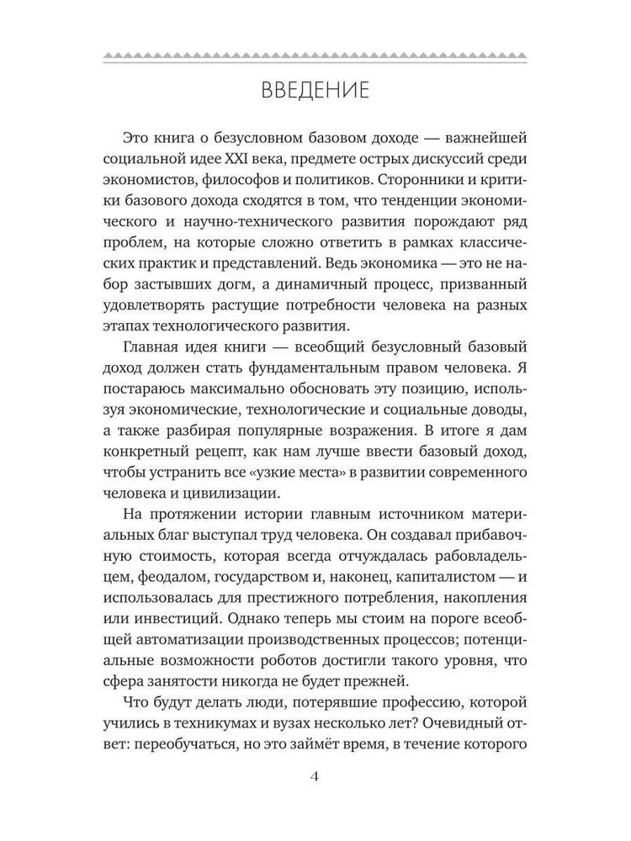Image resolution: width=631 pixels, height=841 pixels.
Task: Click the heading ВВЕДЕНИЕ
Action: (315, 89)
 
